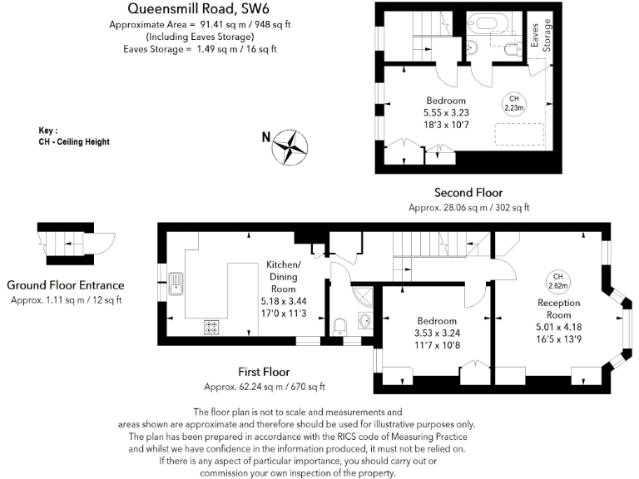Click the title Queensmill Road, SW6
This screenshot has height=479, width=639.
point(192,9)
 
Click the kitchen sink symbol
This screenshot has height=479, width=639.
point(176,284)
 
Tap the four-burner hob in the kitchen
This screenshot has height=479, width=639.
point(211,328)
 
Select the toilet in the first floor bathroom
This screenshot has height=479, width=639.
point(339,326)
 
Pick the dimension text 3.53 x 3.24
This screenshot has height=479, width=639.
point(437,333)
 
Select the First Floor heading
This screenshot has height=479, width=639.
point(264,372)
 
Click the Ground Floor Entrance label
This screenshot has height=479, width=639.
point(65,284)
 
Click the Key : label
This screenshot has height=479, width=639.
point(48,131)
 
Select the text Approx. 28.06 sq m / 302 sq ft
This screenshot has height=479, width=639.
point(469,207)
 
